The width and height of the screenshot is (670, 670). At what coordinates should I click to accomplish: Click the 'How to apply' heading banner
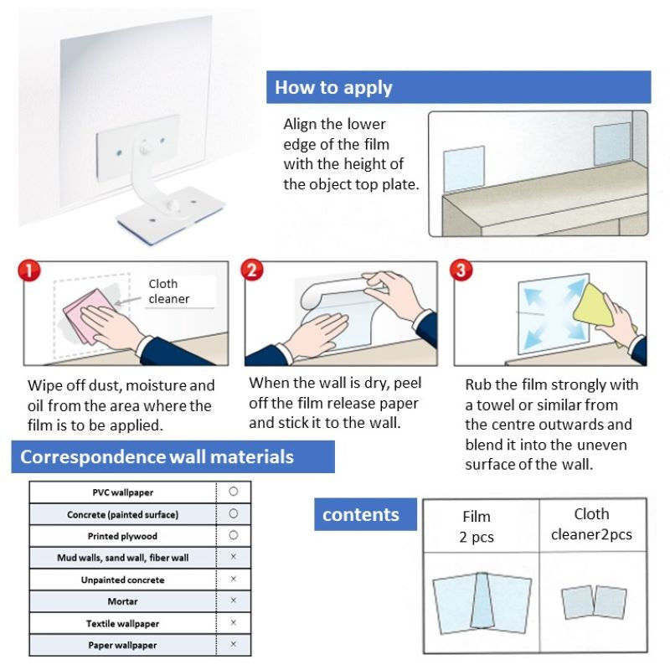458,87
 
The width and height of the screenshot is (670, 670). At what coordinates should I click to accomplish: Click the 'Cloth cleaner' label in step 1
168,291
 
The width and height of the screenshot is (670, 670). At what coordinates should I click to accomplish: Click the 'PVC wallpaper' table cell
122,492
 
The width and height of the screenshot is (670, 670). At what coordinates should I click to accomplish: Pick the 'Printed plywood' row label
122,535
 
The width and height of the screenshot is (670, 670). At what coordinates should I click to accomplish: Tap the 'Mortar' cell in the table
122,601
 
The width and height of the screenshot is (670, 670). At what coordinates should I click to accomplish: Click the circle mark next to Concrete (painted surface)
234,513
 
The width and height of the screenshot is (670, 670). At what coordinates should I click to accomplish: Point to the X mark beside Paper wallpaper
234,645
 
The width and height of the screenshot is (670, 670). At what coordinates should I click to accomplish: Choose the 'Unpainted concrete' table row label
122,580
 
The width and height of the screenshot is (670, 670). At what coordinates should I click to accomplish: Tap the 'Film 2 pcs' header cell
477,527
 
